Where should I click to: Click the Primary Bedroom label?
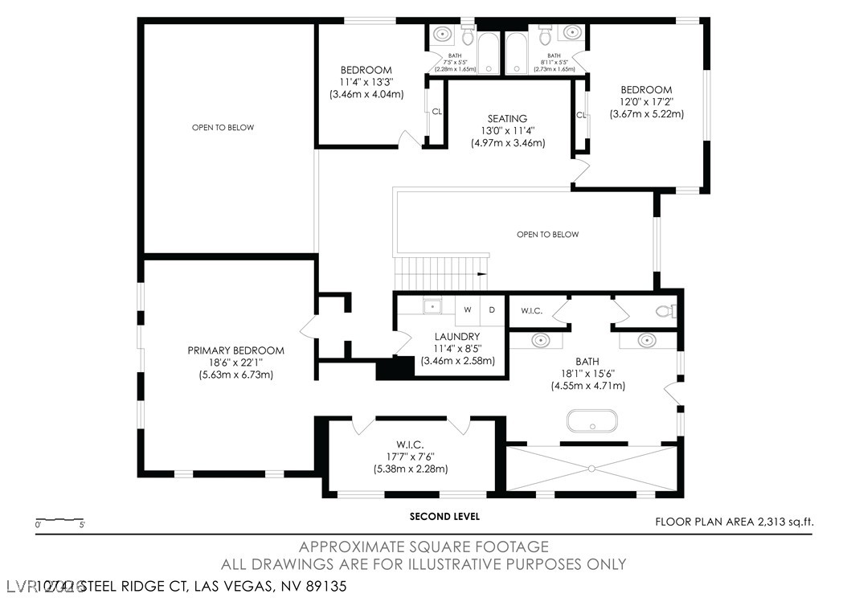coord(235,350)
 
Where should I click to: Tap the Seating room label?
coord(507,119)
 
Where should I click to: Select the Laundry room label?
coord(457,337)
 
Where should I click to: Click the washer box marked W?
coord(467,309)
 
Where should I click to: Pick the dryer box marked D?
coord(492,309)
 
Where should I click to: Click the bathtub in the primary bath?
coord(592,421)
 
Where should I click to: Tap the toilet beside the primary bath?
coord(666,311)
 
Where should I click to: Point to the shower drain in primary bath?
coord(592,468)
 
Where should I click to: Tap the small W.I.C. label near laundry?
coord(532,310)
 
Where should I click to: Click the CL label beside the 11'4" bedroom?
coord(436,113)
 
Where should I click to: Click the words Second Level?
coord(444,516)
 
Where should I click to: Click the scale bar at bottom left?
coord(59,519)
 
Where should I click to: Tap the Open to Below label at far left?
coord(223,127)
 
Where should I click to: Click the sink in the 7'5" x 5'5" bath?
coord(442,34)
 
